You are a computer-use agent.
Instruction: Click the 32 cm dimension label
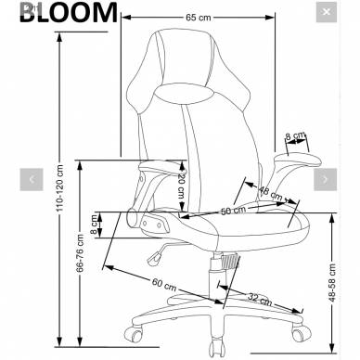(259, 299)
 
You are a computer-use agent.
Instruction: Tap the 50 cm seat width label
(233, 211)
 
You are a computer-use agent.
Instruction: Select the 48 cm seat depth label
(271, 194)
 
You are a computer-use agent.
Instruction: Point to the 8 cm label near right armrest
(294, 136)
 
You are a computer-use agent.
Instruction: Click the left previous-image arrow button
(32, 179)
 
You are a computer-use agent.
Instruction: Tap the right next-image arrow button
(327, 179)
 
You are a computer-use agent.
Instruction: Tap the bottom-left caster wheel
(135, 330)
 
